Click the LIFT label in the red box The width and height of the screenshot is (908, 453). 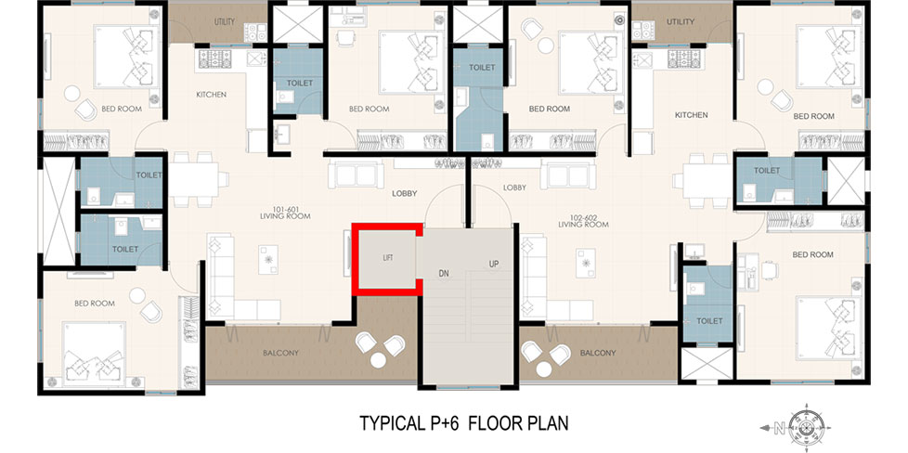(387, 258)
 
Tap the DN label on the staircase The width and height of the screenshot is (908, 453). (443, 271)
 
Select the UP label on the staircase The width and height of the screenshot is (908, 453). (494, 265)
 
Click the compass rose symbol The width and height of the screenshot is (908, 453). (806, 428)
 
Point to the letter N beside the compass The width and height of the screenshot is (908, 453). (780, 429)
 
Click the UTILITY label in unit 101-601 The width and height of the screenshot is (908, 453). (225, 22)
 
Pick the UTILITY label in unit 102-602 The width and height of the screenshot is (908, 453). (681, 22)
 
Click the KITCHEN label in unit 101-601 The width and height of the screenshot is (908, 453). (212, 95)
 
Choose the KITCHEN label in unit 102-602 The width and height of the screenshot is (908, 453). (692, 115)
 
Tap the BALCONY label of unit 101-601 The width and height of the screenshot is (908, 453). (281, 352)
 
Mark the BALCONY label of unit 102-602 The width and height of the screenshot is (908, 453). (598, 352)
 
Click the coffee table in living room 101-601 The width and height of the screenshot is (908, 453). (268, 260)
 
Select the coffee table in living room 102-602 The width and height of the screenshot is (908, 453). (586, 263)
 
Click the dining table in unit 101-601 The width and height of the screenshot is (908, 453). (194, 179)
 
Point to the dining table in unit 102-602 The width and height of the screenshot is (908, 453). (707, 181)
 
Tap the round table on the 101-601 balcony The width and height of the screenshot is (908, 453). (378, 360)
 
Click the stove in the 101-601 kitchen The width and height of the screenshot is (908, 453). (215, 58)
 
